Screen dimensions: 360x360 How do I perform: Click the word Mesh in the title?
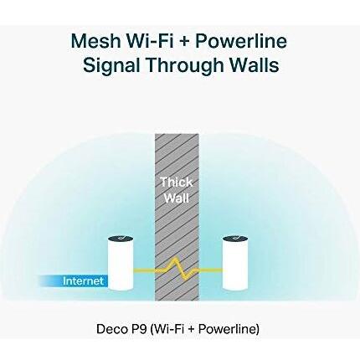[x=95, y=40]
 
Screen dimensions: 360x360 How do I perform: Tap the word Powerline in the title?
[x=241, y=40]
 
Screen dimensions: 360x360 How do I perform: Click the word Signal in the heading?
[x=111, y=65]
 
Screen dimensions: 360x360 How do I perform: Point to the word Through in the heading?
[x=185, y=65]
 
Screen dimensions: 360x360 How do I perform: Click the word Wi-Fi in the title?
[x=148, y=40]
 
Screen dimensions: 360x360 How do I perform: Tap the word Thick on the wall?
[x=177, y=183]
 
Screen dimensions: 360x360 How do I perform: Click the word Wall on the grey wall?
[x=177, y=198]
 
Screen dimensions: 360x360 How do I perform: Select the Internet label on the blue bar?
[x=83, y=280]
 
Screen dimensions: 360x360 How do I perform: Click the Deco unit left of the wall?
[x=121, y=263]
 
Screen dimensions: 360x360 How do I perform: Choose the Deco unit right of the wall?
[x=235, y=263]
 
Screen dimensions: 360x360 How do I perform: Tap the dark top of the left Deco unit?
[x=121, y=239]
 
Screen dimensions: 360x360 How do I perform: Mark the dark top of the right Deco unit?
[x=235, y=239]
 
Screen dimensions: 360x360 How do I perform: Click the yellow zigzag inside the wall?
[x=177, y=269]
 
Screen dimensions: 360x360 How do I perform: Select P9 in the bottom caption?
[x=138, y=329]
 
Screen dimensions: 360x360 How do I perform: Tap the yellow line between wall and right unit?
[x=211, y=270]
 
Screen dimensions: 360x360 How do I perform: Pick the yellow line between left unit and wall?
[x=144, y=270]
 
